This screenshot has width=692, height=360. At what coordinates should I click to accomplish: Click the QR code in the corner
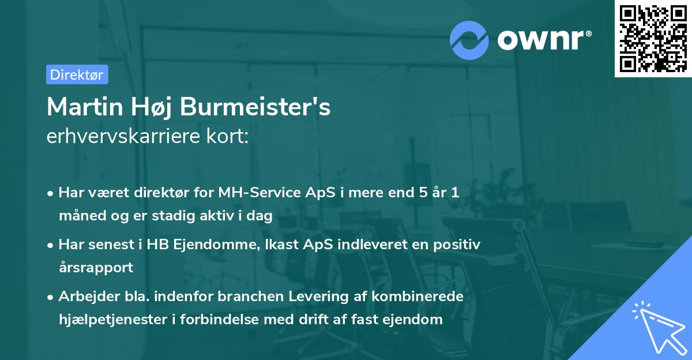tap(653, 38)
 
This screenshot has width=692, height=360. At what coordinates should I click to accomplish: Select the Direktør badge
tap(77, 74)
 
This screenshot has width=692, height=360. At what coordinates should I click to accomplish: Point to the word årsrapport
tap(96, 268)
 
